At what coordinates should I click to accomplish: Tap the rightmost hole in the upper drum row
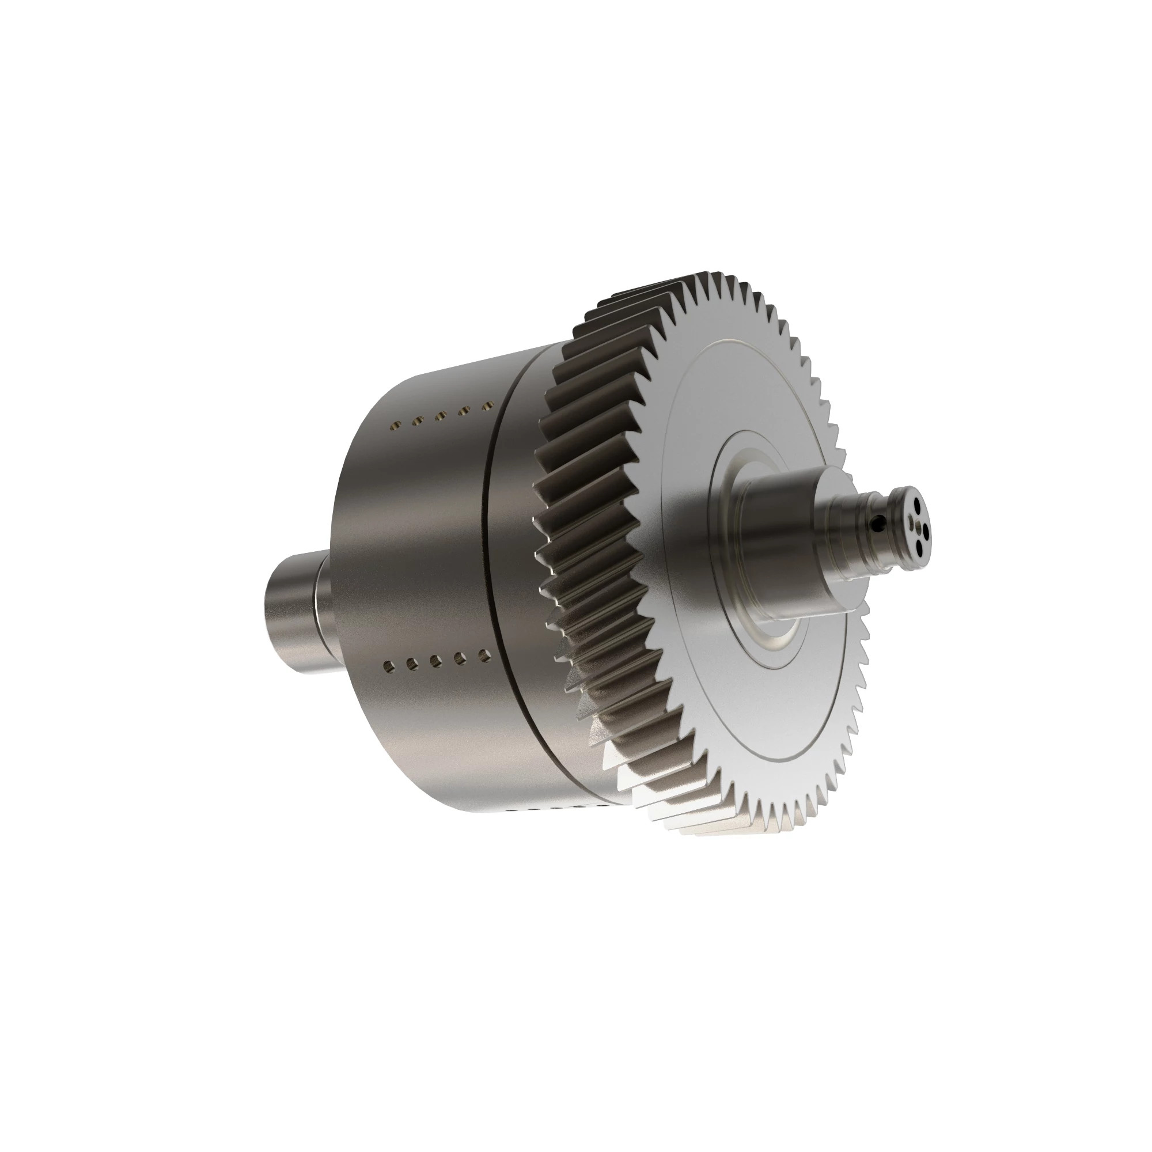pos(488,406)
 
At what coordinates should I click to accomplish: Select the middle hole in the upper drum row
pos(441,416)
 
